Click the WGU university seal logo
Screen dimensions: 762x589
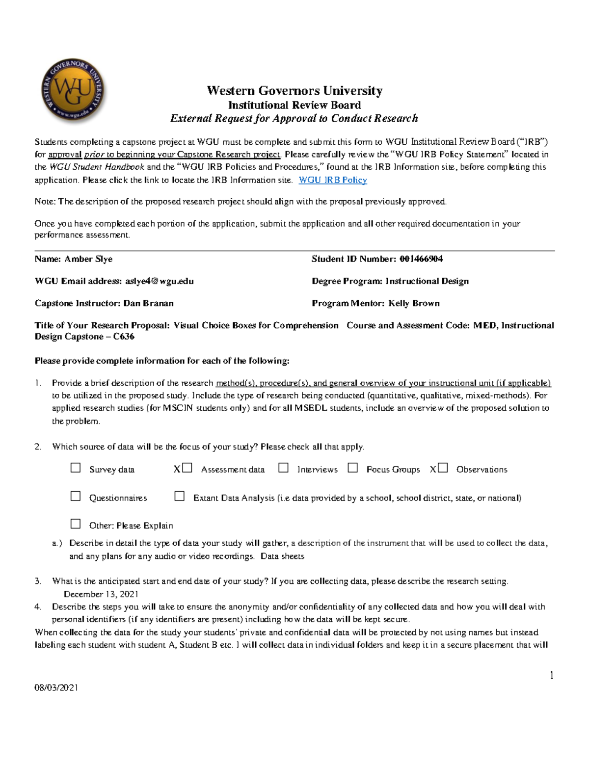tap(73, 92)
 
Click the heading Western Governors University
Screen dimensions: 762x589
tap(294, 91)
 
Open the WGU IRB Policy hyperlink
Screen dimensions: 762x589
tap(333, 180)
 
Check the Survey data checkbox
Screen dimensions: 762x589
tap(76, 468)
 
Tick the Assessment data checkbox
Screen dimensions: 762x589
tap(187, 468)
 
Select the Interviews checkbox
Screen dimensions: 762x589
tap(283, 468)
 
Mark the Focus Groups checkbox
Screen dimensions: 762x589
tap(352, 468)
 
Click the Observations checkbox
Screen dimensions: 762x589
tap(443, 468)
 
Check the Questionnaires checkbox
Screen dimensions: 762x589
tap(76, 497)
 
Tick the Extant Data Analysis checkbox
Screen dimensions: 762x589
tap(180, 497)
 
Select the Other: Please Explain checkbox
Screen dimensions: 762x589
tap(76, 524)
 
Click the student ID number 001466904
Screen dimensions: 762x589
tap(421, 259)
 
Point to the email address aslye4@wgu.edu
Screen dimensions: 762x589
tap(159, 281)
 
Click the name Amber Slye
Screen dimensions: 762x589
tap(88, 259)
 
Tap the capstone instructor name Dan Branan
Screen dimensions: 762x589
tap(148, 303)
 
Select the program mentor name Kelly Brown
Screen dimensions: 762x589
tap(414, 303)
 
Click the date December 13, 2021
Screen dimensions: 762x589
tap(101, 594)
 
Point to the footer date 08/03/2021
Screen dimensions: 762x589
tap(56, 687)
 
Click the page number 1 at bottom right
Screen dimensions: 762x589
tap(552, 676)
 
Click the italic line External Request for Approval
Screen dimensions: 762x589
tap(294, 118)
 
